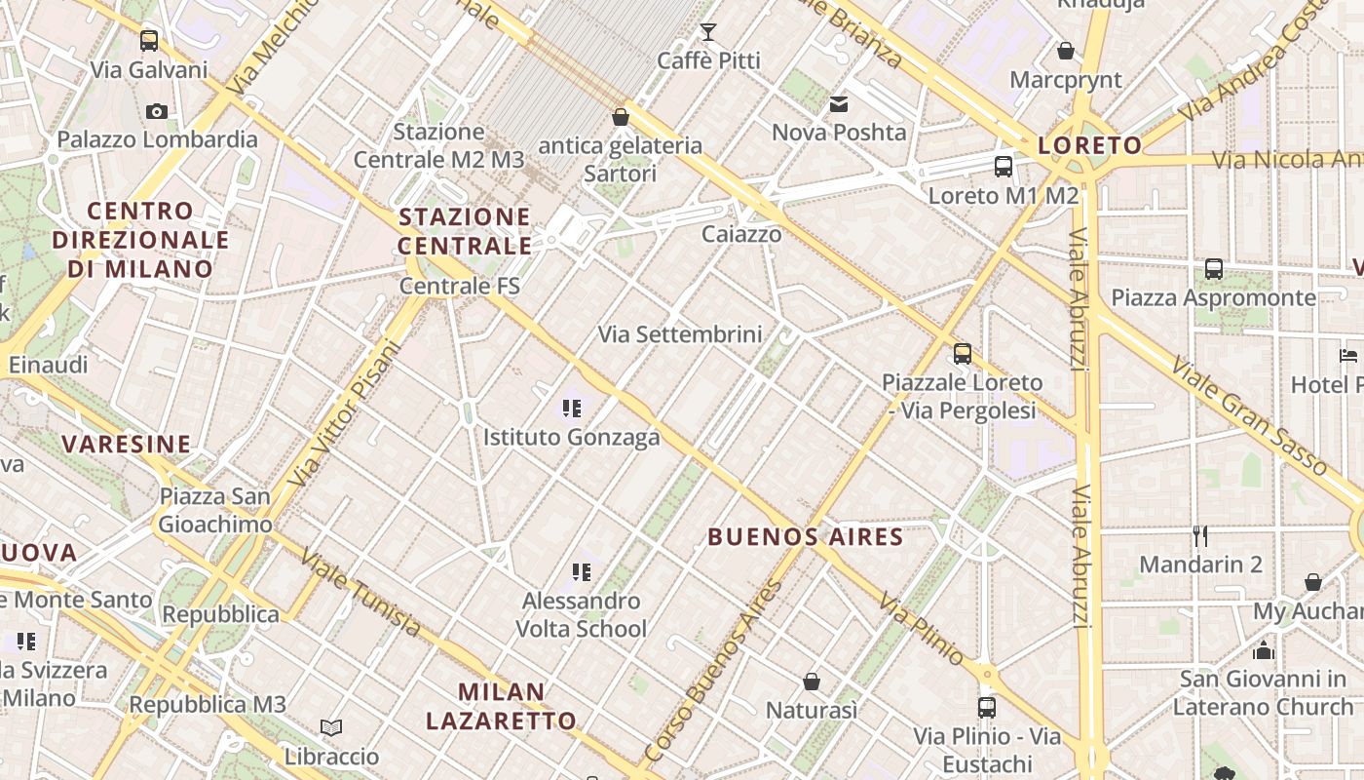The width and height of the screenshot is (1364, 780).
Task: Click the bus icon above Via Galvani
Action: (148, 41)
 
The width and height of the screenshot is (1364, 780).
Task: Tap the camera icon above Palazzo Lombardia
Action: (156, 111)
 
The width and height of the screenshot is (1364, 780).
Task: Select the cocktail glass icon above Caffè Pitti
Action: (708, 32)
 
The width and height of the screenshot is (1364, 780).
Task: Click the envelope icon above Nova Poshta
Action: (838, 104)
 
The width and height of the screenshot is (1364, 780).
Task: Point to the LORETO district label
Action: (1089, 146)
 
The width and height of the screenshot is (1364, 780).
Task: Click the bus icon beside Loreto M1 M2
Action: (1004, 167)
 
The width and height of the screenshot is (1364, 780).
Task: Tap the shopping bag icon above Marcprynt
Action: (1066, 51)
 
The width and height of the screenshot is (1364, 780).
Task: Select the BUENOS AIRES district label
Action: (806, 536)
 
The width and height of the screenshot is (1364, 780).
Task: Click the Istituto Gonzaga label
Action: (572, 438)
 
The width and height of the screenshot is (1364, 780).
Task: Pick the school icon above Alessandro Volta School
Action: (582, 572)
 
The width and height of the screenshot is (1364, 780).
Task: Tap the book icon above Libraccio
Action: (331, 727)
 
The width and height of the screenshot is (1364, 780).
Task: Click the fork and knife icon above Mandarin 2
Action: (1200, 536)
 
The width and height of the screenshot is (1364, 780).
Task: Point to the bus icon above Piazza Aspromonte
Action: (1213, 269)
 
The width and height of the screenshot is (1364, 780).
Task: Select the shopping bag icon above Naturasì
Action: (811, 682)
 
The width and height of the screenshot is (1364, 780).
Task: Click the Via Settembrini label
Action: (680, 334)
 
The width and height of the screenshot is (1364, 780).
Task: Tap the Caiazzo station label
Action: (741, 234)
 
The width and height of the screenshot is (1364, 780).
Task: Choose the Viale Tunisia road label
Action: (360, 593)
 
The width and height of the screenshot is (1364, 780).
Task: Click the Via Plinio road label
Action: (921, 629)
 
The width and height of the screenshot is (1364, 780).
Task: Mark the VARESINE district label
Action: (127, 445)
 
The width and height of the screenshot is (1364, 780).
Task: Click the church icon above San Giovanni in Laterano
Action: (1264, 650)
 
